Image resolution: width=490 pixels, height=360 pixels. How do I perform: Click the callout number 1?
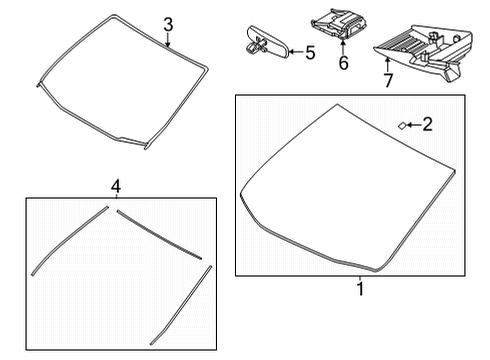click(359, 289)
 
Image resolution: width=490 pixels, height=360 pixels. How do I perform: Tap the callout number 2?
click(427, 125)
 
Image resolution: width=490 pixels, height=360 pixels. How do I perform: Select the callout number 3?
click(169, 23)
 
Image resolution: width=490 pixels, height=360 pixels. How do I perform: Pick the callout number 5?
click(309, 52)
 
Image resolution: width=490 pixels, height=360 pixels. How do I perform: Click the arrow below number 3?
click(169, 42)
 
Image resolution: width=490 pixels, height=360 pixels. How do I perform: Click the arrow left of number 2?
click(412, 126)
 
